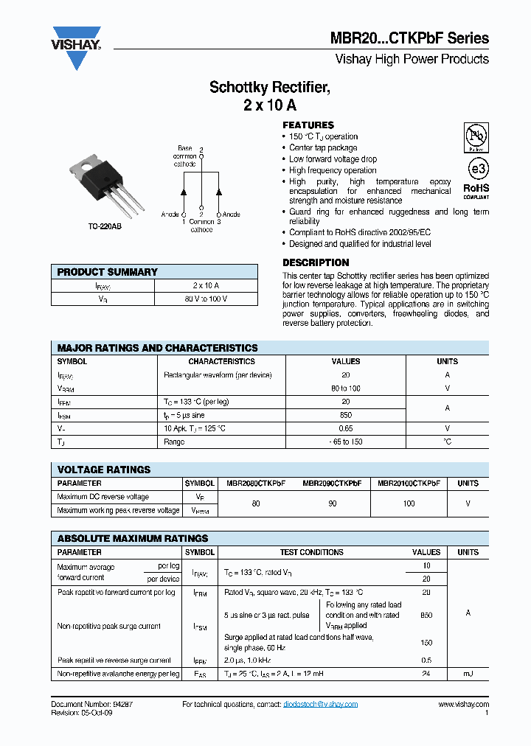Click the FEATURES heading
click(x=308, y=125)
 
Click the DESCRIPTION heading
click(x=316, y=262)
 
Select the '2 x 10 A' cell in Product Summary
click(x=206, y=285)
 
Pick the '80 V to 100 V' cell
click(x=206, y=299)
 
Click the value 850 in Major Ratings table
click(x=346, y=415)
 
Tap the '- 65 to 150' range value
click(x=346, y=442)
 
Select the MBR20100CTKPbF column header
click(x=409, y=484)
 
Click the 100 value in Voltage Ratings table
click(x=409, y=503)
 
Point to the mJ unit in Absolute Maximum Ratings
click(x=468, y=674)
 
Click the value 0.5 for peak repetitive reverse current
click(x=426, y=660)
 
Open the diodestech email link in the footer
click(x=320, y=704)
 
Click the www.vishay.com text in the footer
click(x=463, y=704)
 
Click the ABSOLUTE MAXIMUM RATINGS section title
click(x=133, y=538)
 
